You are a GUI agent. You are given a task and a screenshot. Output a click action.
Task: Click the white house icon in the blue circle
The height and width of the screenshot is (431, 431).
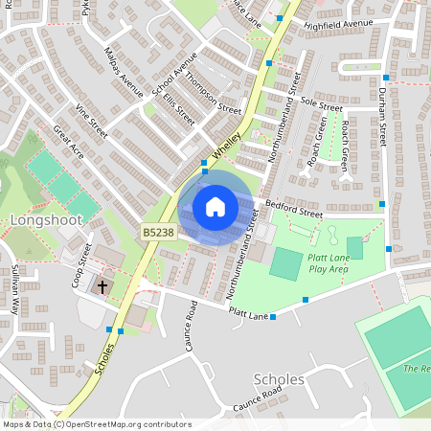point(215,207)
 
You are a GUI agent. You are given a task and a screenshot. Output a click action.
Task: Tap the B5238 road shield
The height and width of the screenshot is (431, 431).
point(159,232)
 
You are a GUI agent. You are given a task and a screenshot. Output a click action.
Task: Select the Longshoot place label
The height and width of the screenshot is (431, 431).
point(47,220)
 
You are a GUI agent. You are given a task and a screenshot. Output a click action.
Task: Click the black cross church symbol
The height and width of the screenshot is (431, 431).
point(102,286)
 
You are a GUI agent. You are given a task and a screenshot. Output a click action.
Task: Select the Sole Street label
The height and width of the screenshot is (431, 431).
point(321,101)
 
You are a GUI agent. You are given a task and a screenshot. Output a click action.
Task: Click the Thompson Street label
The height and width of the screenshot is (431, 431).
point(213,94)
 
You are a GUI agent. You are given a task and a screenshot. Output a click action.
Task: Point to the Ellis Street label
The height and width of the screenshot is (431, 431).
point(178,110)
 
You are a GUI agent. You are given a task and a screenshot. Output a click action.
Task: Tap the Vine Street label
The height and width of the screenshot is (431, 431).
point(93,122)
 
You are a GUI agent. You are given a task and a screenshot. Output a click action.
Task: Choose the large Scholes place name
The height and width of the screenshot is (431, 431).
point(281,379)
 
